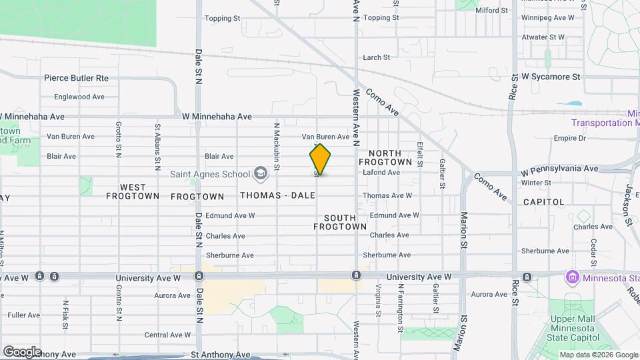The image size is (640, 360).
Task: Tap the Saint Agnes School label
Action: click(209, 175)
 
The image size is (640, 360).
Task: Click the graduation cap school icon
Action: click(260, 175)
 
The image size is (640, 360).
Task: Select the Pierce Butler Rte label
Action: click(76, 78)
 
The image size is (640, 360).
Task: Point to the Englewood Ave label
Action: click(79, 97)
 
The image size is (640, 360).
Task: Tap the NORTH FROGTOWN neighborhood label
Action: click(385, 157)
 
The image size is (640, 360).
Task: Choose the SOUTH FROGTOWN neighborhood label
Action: click(340, 222)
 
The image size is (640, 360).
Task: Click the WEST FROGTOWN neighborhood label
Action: click(132, 191)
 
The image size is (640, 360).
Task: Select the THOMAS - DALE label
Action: click(270, 196)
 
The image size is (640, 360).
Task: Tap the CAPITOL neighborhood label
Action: click(544, 201)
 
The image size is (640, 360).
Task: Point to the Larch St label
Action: click(376, 58)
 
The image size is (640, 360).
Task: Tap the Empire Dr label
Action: click(569, 139)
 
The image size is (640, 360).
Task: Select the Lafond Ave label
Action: click(381, 173)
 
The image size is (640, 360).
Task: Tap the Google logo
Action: click(21, 351)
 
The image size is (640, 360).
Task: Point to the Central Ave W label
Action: click(166, 335)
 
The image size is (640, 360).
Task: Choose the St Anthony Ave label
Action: click(221, 355)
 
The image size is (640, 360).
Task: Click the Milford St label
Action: click(491, 11)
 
